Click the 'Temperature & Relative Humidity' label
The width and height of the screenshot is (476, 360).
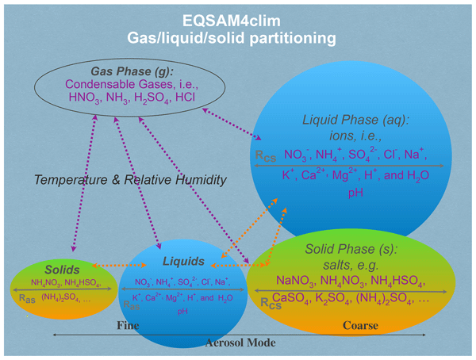click(x=130, y=180)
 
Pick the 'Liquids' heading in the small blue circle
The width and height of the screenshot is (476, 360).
click(x=185, y=261)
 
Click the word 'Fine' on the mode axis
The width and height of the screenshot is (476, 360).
click(x=128, y=325)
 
